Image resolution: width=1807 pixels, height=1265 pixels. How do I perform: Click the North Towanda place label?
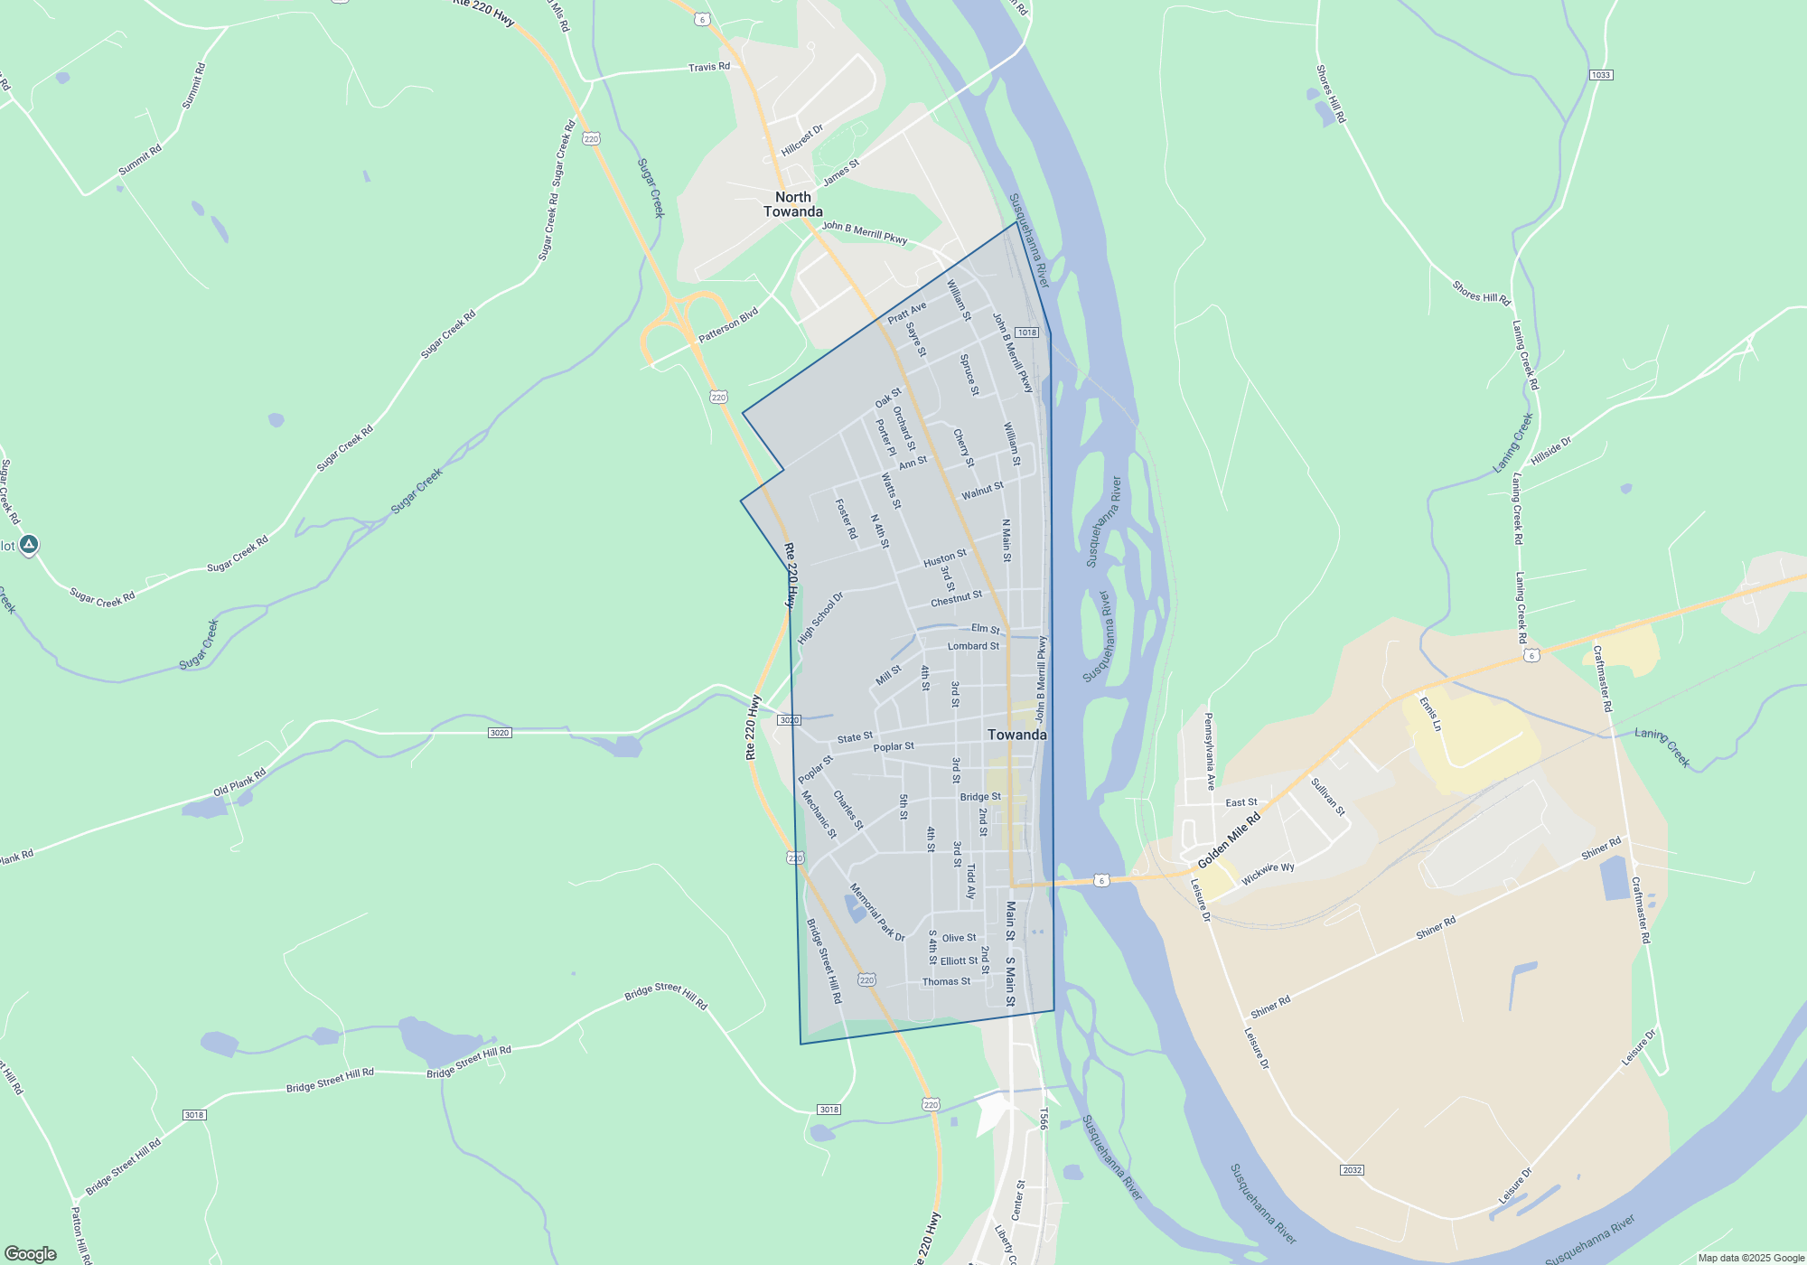click(x=792, y=204)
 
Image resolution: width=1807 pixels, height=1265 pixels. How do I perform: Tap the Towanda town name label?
click(x=1016, y=735)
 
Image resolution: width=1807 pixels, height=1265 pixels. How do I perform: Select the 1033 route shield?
click(x=1600, y=75)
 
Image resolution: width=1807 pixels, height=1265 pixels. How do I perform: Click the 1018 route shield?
click(x=1026, y=333)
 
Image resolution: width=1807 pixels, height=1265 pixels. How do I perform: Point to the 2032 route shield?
click(x=1352, y=1170)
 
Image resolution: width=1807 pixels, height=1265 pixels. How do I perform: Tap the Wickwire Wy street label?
click(x=1268, y=874)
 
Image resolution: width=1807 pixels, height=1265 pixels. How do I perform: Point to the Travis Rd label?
click(x=708, y=67)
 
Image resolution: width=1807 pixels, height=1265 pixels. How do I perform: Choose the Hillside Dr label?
click(x=1550, y=451)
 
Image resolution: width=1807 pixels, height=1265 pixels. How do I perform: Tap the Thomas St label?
click(x=946, y=981)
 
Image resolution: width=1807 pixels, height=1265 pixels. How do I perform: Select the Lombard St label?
click(x=973, y=646)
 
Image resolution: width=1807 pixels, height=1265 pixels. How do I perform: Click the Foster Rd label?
click(x=846, y=520)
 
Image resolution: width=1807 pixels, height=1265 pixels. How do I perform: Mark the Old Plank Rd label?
click(x=239, y=782)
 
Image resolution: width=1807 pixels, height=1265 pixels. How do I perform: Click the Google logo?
click(x=31, y=1254)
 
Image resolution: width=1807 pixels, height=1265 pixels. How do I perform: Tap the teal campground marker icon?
click(x=29, y=544)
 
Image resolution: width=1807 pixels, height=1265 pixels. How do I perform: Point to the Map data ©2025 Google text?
click(x=1750, y=1258)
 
